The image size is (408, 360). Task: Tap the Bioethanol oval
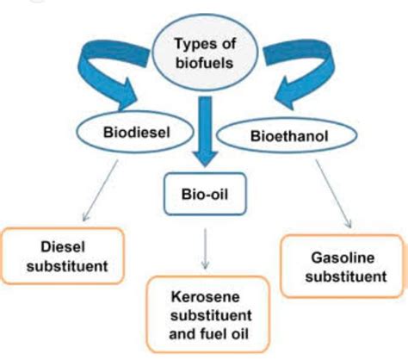(x=281, y=137)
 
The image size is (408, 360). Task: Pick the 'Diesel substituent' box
(x=65, y=257)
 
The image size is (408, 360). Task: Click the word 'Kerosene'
(x=207, y=298)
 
